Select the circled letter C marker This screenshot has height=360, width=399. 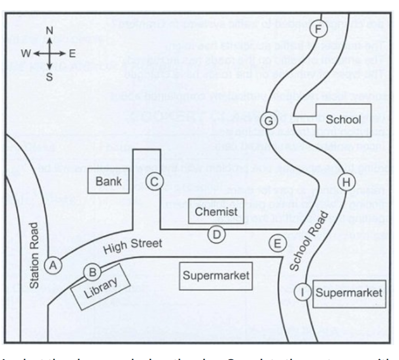pyautogui.click(x=153, y=182)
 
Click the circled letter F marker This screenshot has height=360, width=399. pyautogui.click(x=318, y=29)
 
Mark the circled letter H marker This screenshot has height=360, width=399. pyautogui.click(x=346, y=183)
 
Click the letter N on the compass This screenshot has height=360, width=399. pyautogui.click(x=49, y=31)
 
